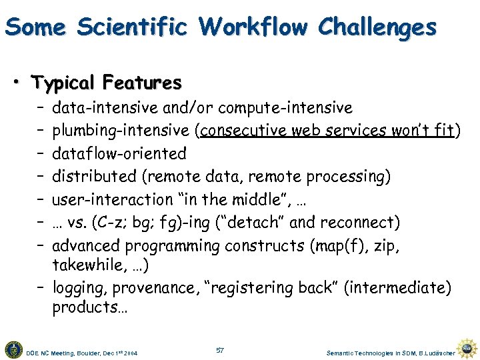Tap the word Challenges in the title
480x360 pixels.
377,28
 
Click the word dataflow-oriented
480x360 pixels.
119,153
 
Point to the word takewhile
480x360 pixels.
83,265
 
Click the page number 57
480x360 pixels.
221,350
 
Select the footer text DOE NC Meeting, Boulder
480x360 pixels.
67,351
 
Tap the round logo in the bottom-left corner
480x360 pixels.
13,349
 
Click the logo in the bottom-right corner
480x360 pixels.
468,347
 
